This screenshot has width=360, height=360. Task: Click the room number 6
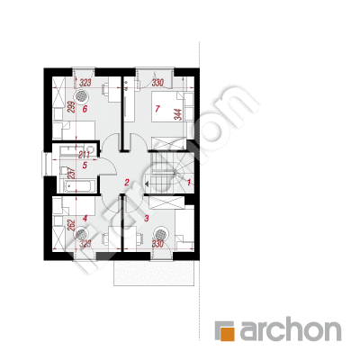pyautogui.click(x=84, y=110)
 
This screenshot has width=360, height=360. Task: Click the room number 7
pyautogui.click(x=157, y=110)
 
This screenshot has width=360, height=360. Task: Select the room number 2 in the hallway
pyautogui.click(x=128, y=183)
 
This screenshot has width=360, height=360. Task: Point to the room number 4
pyautogui.click(x=84, y=218)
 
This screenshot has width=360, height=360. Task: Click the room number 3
pyautogui.click(x=147, y=218)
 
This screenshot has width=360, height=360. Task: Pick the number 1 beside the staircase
pyautogui.click(x=189, y=183)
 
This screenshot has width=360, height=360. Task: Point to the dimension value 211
pyautogui.click(x=85, y=153)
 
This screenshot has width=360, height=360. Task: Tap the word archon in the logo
pyautogui.click(x=290, y=329)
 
